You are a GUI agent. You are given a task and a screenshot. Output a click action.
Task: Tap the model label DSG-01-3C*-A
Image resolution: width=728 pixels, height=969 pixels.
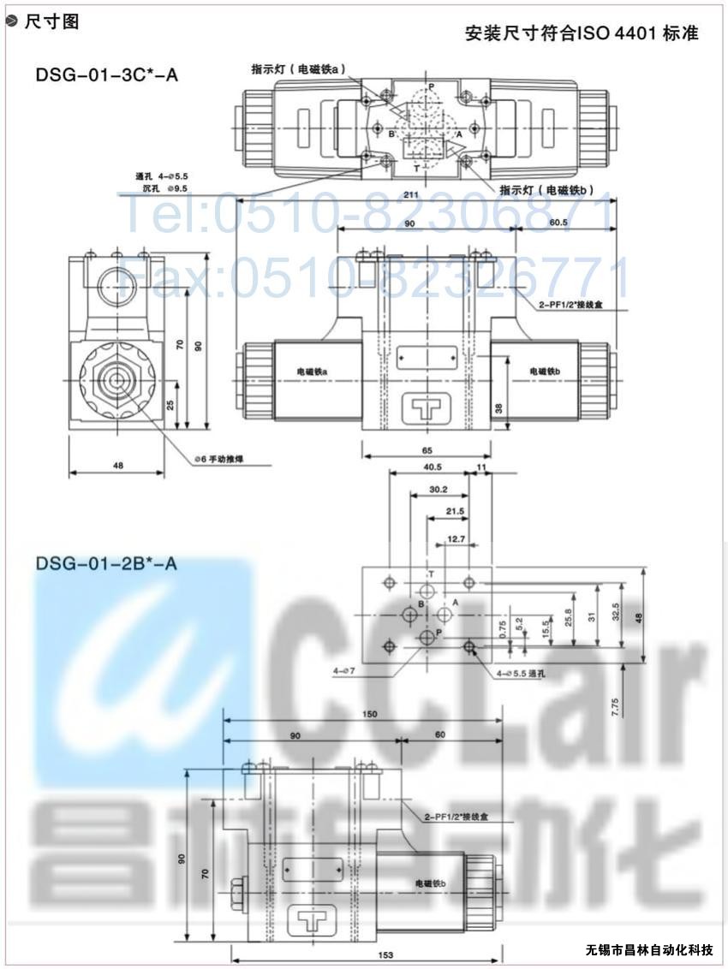click(107, 74)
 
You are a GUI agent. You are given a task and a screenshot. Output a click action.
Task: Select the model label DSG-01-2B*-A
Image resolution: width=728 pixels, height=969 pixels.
click(107, 562)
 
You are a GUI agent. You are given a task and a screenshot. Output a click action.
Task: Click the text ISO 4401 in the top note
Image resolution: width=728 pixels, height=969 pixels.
click(615, 33)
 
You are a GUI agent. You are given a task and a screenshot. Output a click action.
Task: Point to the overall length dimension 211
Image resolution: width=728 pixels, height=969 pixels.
click(411, 196)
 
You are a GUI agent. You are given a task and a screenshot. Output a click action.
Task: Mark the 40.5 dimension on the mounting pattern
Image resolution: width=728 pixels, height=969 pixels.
click(433, 467)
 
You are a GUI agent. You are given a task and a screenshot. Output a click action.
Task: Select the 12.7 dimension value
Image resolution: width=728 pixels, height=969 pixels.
click(456, 539)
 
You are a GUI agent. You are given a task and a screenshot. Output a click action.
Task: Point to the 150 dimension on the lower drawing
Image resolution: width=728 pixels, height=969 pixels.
click(370, 713)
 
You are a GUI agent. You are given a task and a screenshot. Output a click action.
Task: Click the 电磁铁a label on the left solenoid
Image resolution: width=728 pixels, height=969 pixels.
click(313, 371)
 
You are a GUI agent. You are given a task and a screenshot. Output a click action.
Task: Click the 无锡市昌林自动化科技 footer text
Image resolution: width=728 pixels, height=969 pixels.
click(649, 950)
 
